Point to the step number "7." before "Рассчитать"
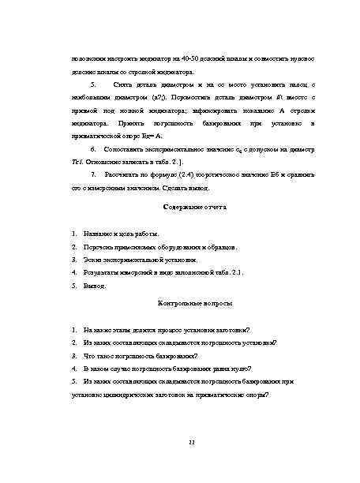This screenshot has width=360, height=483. click(x=94, y=173)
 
